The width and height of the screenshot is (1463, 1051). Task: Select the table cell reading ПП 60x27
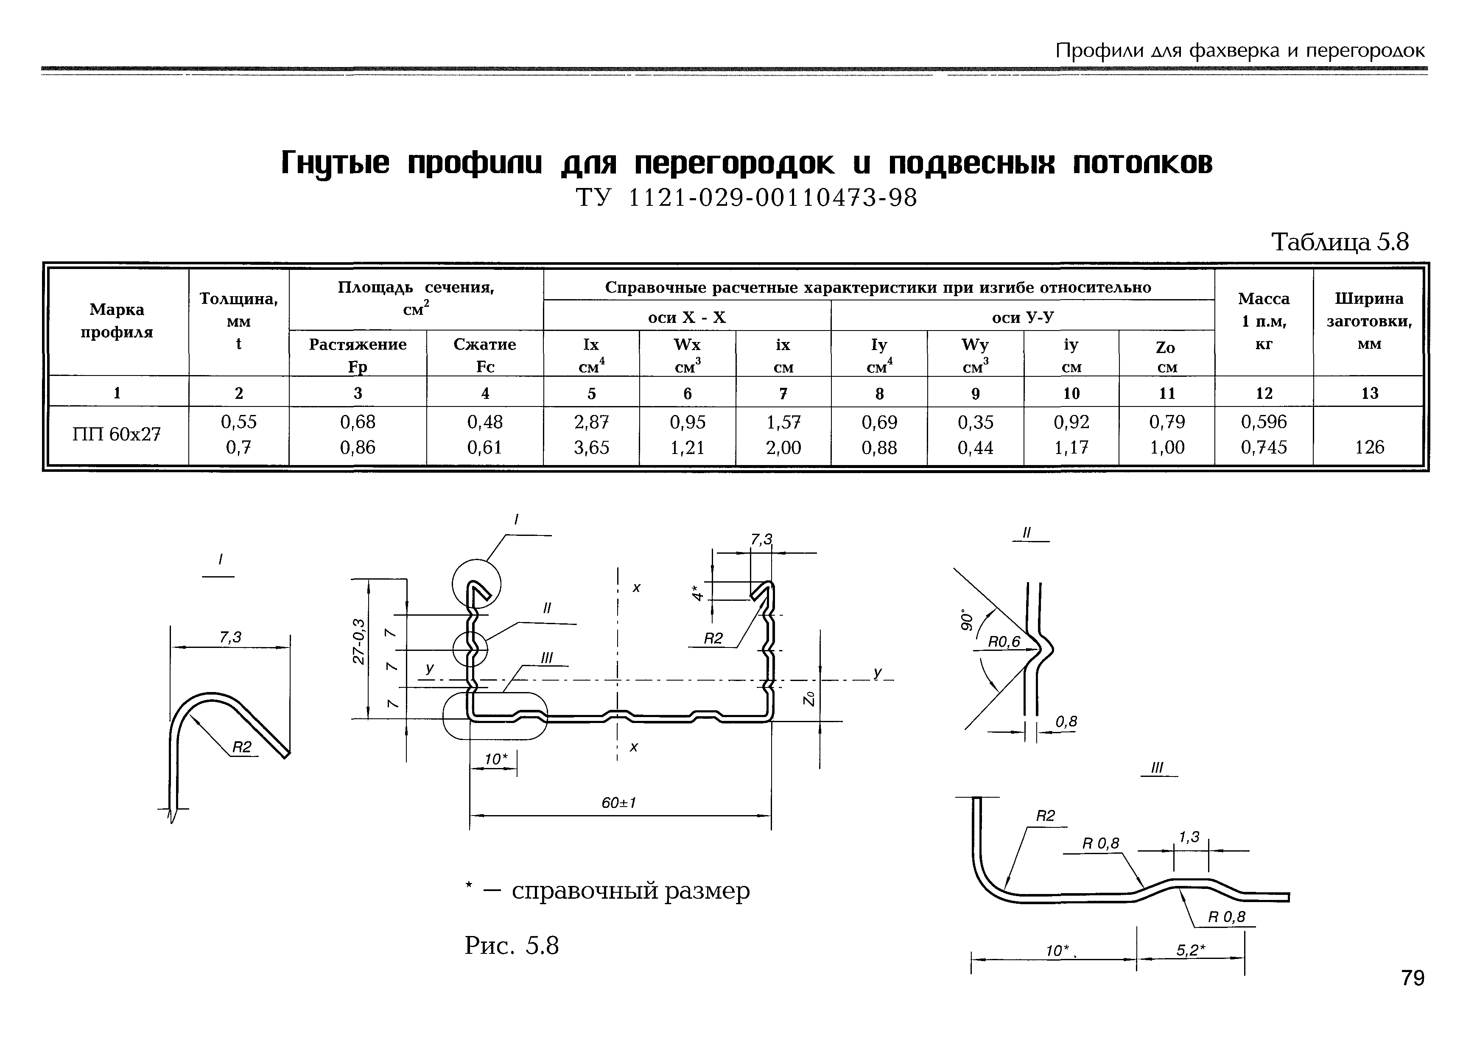coord(116,434)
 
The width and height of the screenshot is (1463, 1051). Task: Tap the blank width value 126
coord(1369,447)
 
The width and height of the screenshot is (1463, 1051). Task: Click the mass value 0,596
coord(1264,422)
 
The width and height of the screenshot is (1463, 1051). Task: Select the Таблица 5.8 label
coord(1340,243)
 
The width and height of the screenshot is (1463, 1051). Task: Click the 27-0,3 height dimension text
coord(359,642)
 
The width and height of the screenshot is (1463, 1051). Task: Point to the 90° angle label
coord(966,619)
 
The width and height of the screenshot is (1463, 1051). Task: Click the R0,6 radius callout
coord(1004,641)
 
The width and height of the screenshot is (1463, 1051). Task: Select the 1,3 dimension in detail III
coord(1189,838)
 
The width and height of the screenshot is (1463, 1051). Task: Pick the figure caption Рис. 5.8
coord(512,946)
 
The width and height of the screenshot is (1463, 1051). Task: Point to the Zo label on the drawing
coord(811,698)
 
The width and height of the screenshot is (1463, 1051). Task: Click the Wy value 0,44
coord(975,448)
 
